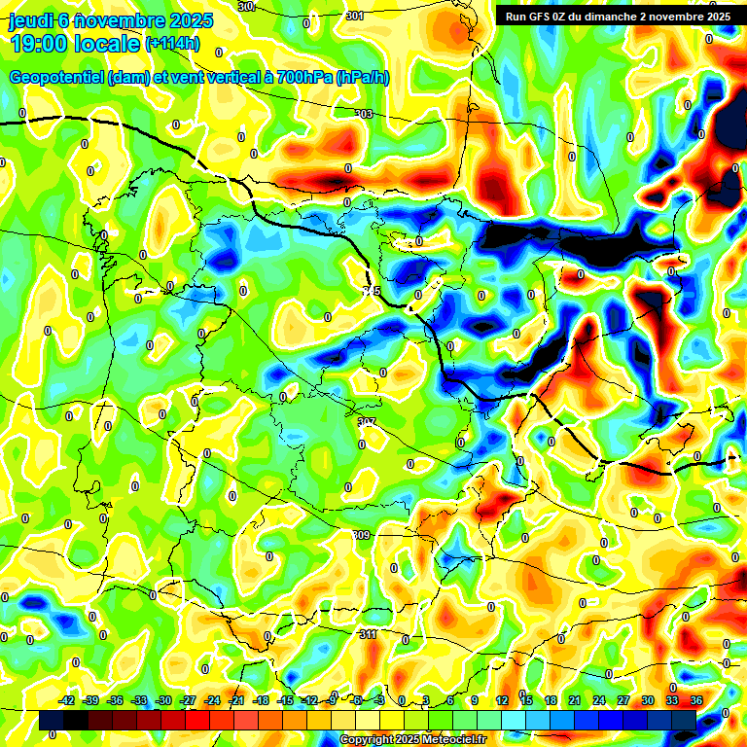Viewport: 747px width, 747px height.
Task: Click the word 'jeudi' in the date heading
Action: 29,20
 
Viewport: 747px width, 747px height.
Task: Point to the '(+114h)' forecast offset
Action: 172,43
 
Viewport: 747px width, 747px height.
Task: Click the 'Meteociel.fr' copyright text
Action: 449,740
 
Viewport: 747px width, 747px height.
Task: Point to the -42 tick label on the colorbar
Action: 66,700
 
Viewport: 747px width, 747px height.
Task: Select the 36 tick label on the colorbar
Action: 696,700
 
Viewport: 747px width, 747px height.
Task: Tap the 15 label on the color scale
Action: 526,700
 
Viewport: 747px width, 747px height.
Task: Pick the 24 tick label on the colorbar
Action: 599,700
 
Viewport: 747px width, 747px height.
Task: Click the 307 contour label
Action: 366,422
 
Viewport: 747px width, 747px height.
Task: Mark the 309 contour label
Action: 361,536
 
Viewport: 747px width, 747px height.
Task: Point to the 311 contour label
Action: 368,634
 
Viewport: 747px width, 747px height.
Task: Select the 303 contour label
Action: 364,114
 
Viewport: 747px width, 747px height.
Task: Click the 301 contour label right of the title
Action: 354,16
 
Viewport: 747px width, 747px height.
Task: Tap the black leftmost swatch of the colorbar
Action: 52,720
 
